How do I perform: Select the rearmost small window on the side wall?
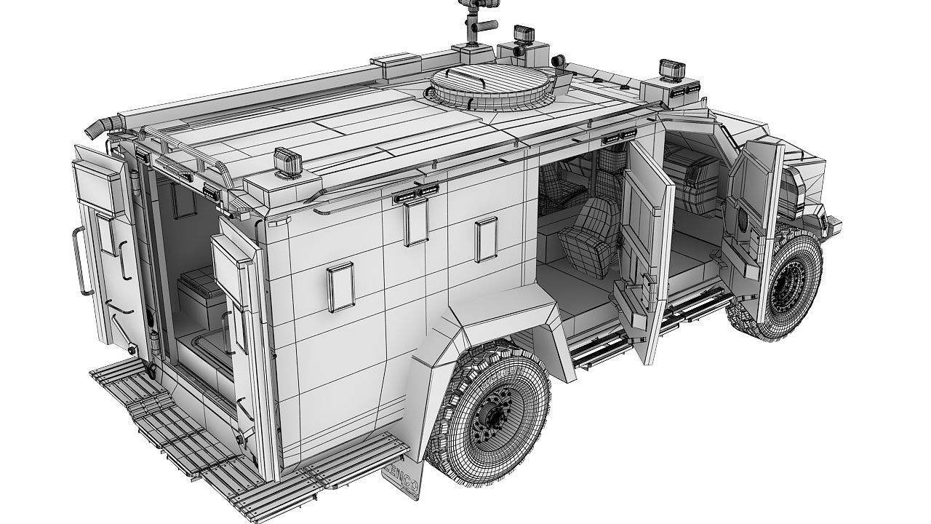point(339,287)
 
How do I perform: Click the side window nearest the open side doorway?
point(485,239)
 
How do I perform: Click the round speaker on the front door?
point(743,223)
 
